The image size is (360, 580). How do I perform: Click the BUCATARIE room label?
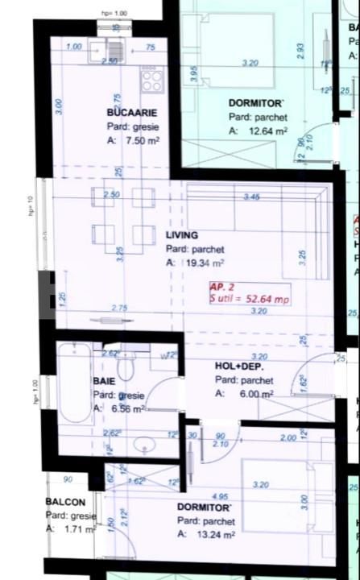point(131,113)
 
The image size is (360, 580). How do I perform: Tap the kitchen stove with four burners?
point(151,79)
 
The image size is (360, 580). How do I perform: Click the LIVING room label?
point(182,235)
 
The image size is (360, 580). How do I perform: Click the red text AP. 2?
point(222,286)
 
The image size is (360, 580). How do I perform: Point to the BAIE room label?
point(104,381)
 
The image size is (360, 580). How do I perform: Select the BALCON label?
point(65,502)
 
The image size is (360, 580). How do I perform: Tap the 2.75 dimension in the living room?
point(120,308)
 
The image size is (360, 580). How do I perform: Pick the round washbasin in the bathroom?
point(145,445)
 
